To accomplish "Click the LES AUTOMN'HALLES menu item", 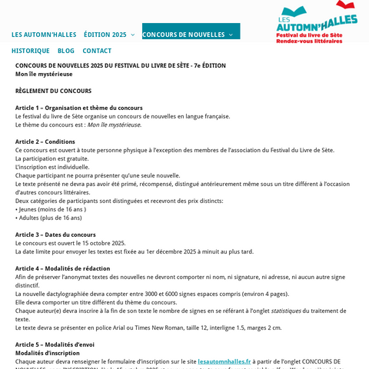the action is click(44, 35).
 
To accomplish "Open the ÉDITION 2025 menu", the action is click(105, 35).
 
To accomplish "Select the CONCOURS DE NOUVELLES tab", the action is click(184, 35).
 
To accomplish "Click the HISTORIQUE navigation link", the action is click(30, 51).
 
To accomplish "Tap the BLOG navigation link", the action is click(66, 51).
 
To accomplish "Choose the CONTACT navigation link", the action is click(97, 51).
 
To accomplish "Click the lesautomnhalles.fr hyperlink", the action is click(224, 361).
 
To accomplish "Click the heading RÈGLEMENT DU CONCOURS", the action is click(53, 91).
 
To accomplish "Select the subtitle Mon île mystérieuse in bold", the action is click(44, 75).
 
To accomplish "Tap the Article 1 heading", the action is click(78, 108).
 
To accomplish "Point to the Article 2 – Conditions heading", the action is click(45, 141).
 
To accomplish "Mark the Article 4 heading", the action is click(62, 268).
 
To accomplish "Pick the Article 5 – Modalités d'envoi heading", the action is click(55, 344).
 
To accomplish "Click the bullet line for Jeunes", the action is click(51, 209).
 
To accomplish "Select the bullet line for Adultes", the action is click(48, 218).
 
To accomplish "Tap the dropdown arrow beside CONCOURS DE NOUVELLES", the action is click(231, 35).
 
